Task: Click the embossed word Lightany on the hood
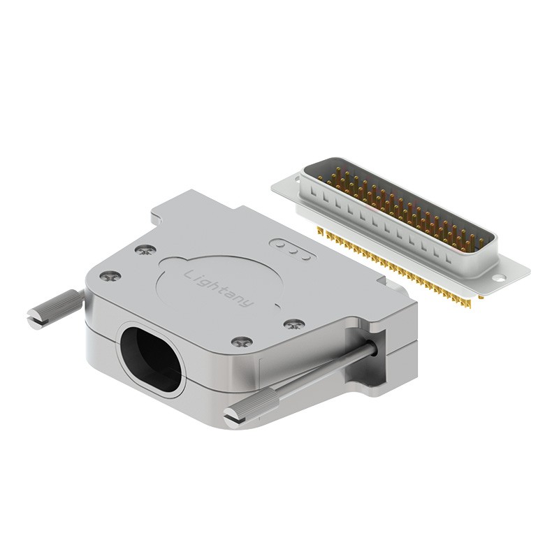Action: point(219,289)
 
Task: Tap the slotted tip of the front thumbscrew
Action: point(232,418)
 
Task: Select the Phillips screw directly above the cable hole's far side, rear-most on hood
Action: point(146,250)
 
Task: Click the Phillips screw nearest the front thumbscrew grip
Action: point(241,342)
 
